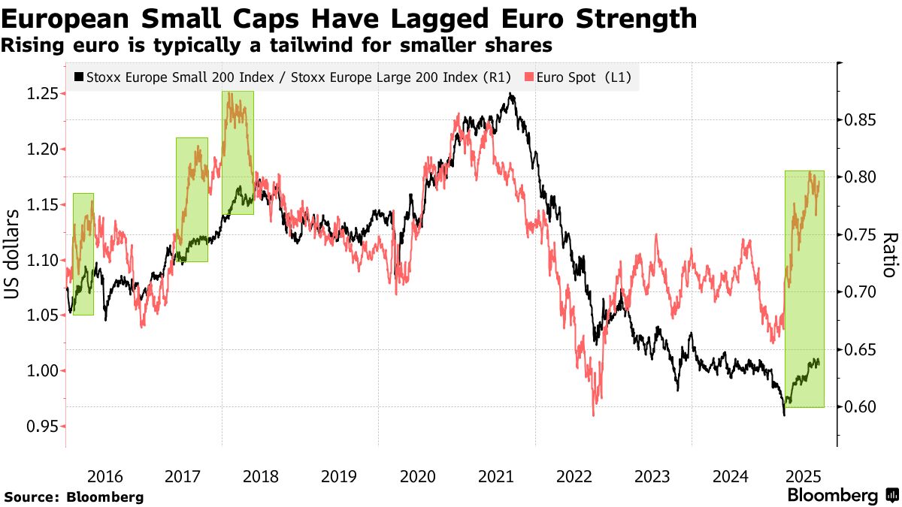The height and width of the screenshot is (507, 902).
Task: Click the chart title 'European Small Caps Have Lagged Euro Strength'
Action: pos(349,18)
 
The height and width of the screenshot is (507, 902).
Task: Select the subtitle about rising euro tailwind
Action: pos(277,46)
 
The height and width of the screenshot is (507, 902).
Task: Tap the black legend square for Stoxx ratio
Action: pos(79,77)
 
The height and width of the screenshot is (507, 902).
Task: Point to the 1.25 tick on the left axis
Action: pos(42,94)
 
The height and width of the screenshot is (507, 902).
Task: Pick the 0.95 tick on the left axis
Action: pos(42,427)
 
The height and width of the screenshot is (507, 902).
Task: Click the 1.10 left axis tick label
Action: pos(42,261)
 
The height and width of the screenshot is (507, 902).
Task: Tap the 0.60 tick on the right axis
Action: pos(858,407)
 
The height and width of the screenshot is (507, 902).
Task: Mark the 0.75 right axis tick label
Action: pos(858,235)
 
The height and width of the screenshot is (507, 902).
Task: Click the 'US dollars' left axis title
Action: pos(14,255)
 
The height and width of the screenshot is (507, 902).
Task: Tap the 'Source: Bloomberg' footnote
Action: pos(74,496)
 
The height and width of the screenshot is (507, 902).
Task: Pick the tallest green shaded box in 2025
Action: pos(804,289)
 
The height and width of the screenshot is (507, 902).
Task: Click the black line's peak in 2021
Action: pos(511,94)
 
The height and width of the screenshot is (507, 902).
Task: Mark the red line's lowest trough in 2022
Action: pos(594,415)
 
